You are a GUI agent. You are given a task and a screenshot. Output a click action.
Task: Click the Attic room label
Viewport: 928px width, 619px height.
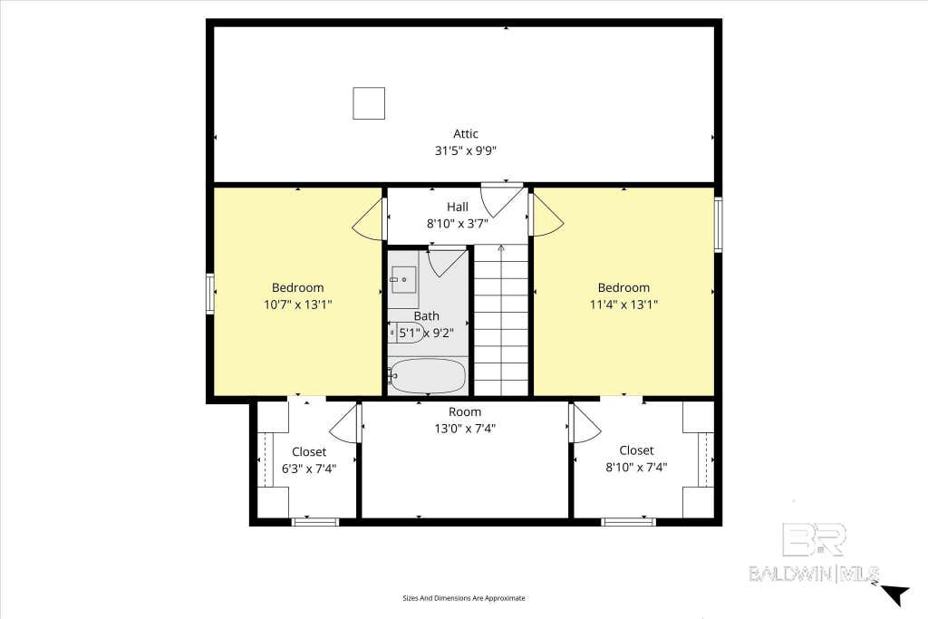(465, 134)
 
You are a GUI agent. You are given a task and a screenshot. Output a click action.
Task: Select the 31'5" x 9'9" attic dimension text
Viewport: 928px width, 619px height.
(465, 151)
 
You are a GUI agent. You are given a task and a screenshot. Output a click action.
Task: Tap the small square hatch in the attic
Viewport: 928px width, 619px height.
(369, 103)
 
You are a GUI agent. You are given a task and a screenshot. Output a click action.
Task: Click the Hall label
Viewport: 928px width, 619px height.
(458, 207)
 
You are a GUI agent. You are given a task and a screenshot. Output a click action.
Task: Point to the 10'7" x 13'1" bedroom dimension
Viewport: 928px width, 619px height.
(297, 305)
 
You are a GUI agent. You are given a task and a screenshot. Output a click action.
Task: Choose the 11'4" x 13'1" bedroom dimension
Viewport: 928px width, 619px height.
(623, 305)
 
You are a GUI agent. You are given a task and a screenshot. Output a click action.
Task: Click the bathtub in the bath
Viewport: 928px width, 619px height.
(429, 376)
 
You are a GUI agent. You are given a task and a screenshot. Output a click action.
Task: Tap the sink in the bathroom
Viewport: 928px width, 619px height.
(403, 279)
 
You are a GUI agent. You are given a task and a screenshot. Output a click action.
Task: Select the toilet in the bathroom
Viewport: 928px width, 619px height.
(406, 333)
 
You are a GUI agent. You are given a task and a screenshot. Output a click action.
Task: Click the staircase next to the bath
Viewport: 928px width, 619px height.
(501, 320)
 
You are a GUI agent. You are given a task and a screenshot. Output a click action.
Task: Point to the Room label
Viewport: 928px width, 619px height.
(465, 411)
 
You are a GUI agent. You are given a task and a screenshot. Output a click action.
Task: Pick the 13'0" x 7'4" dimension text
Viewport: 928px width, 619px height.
(465, 429)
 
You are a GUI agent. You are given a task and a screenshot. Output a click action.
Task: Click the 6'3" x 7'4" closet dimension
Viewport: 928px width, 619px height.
(309, 469)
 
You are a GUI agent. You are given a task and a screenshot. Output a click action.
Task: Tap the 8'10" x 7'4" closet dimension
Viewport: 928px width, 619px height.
(636, 467)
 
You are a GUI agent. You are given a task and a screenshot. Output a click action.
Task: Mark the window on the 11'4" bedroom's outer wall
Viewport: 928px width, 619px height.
(718, 224)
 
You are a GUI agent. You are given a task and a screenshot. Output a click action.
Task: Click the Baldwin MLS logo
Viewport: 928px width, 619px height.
(815, 553)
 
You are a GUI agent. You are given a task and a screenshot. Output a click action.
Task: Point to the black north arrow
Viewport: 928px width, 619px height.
(895, 595)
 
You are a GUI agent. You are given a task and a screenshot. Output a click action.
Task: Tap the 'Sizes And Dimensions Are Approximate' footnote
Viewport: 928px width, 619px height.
(464, 598)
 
